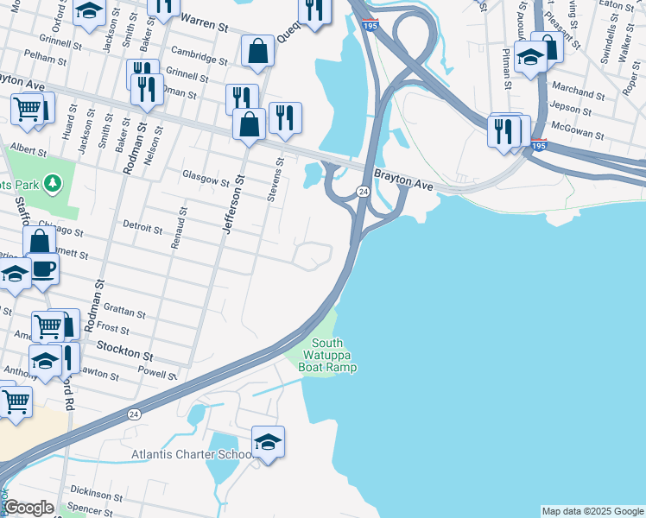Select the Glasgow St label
tap(206, 182)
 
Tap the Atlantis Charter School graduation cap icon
tap(268, 443)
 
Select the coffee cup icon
tap(42, 269)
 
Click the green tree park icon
tap(54, 183)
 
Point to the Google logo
tap(28, 508)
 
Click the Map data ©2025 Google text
tap(592, 511)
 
